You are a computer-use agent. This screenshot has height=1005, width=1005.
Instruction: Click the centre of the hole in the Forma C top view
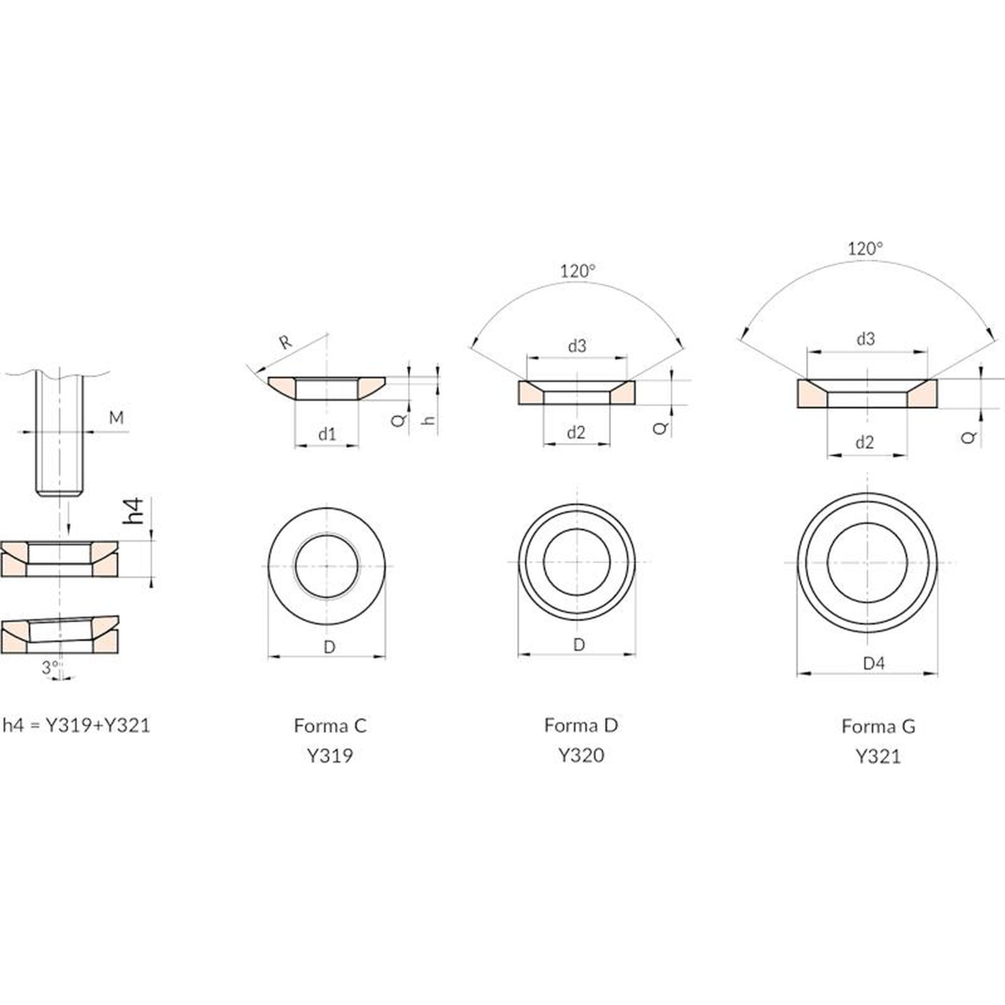tap(327, 566)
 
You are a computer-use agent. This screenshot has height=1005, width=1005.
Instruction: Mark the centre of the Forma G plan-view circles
tap(867, 562)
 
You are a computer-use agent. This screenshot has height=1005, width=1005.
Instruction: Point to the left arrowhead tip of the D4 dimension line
tap(797, 673)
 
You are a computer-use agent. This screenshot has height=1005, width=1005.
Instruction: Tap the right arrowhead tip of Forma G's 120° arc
tap(996, 341)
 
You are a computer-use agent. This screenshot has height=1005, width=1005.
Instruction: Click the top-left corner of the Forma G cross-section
tap(798, 380)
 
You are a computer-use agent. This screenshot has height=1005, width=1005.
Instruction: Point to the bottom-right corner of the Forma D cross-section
tap(635, 405)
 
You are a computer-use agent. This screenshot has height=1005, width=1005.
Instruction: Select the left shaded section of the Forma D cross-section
tap(531, 393)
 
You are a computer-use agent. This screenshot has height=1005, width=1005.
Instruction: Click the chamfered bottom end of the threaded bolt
tap(60, 492)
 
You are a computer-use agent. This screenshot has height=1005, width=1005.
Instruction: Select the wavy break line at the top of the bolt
tap(60, 373)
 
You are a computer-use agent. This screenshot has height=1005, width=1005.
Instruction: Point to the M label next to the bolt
tap(117, 418)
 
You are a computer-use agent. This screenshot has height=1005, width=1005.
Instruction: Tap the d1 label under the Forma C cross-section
tap(327, 433)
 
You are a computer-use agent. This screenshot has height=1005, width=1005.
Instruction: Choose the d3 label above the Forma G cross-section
tap(866, 339)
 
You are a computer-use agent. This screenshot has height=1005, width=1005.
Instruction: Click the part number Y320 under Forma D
tap(582, 755)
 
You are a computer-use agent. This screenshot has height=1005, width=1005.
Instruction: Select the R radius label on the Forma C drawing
tap(286, 342)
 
